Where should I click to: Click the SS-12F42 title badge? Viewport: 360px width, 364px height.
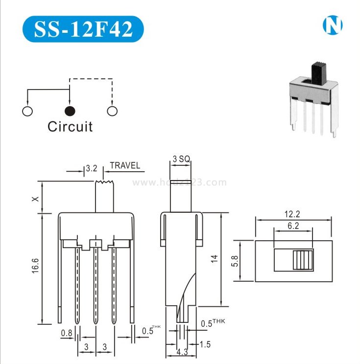click(x=83, y=29)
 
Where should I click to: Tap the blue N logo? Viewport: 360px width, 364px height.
click(x=332, y=25)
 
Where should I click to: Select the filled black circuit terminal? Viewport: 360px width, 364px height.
click(x=70, y=111)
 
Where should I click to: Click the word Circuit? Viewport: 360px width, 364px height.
click(x=70, y=127)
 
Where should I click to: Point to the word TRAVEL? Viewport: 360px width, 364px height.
click(x=125, y=165)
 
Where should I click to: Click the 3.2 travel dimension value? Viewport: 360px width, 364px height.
click(x=92, y=168)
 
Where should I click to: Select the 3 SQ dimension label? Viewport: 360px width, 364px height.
click(x=181, y=159)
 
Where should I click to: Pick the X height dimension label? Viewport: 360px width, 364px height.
click(x=34, y=199)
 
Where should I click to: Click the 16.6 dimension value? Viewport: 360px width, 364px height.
click(x=35, y=269)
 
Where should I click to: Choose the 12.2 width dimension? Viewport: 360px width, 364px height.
click(x=292, y=214)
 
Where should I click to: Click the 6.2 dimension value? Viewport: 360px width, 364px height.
click(x=292, y=226)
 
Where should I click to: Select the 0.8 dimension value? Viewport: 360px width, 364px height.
click(x=67, y=334)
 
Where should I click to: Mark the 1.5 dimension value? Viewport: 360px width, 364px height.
click(x=205, y=345)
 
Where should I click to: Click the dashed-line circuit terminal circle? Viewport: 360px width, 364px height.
click(x=112, y=111)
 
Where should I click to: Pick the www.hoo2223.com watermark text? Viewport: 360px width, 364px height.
click(x=180, y=182)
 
